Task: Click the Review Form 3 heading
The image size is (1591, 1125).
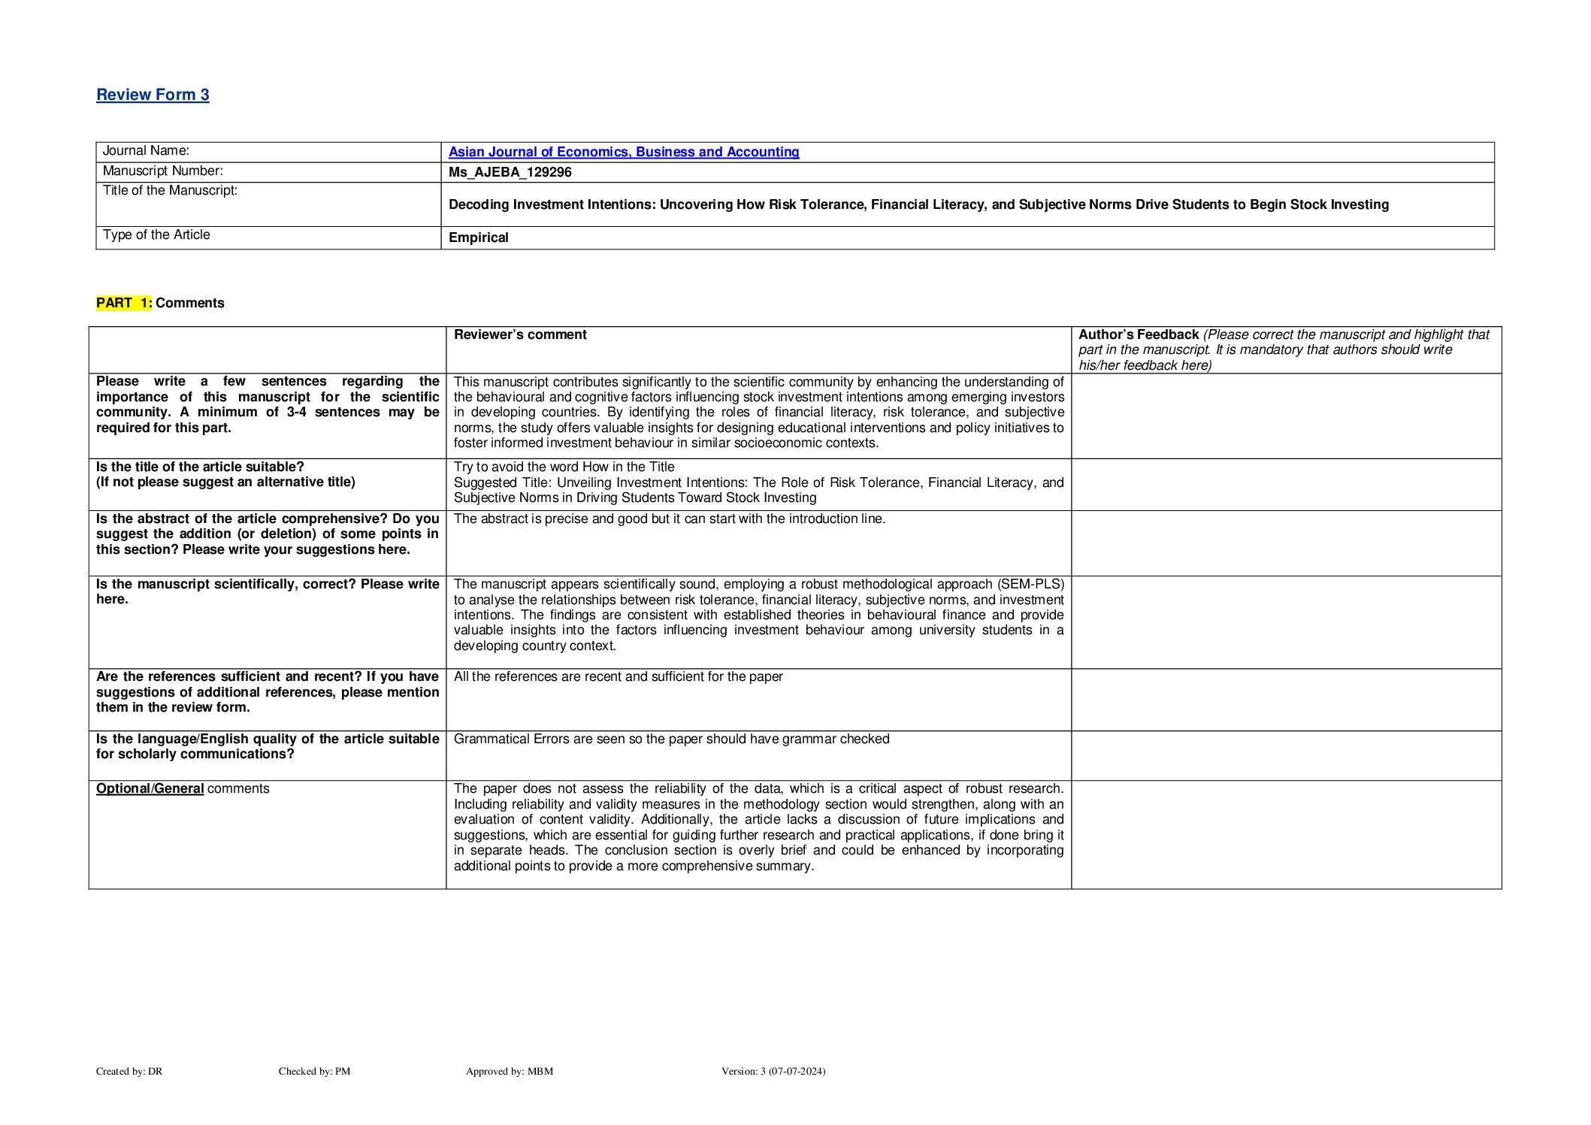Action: pos(153,95)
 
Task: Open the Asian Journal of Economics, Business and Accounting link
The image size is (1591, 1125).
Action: pos(623,152)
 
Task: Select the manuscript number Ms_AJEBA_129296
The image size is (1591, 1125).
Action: pos(510,172)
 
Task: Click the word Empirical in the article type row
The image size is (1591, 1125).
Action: pos(478,237)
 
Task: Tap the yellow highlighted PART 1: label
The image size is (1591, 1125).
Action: pos(124,303)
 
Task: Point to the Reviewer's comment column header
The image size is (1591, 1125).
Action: pos(520,334)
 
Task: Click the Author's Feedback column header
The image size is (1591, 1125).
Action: pos(1138,334)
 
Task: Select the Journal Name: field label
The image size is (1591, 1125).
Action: pos(146,151)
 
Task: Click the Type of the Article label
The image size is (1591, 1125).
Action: pos(156,234)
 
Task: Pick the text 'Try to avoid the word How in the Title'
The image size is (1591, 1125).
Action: pos(564,467)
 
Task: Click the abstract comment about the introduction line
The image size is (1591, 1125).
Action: pos(669,519)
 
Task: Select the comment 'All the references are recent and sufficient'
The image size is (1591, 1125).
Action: pos(618,676)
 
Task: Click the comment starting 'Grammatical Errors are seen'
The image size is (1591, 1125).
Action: pos(671,739)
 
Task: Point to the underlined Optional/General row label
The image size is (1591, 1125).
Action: pos(150,788)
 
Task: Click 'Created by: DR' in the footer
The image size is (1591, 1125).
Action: pos(129,1071)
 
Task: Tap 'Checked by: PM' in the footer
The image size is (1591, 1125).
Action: pos(314,1071)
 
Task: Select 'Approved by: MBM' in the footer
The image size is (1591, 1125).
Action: pos(509,1071)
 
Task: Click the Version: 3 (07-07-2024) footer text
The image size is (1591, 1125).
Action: pos(773,1071)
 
